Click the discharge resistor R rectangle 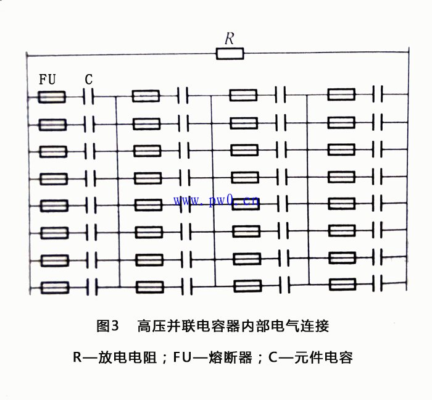click(x=230, y=54)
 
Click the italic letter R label click(x=229, y=38)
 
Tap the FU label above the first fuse click(x=48, y=80)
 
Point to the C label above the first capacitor click(x=88, y=80)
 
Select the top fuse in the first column click(x=52, y=97)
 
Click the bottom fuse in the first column click(x=55, y=288)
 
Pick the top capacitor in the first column click(x=88, y=96)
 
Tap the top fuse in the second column click(x=146, y=96)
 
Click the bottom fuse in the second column click(x=150, y=287)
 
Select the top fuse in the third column click(x=243, y=95)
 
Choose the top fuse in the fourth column click(x=341, y=94)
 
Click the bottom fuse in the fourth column click(x=342, y=285)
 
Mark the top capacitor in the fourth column click(x=378, y=94)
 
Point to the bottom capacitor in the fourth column click(x=378, y=283)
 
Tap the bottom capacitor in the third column click(x=285, y=285)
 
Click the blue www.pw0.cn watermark click(x=216, y=201)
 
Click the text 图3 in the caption click(x=107, y=326)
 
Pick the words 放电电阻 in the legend click(x=128, y=357)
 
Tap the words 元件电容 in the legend click(x=324, y=357)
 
